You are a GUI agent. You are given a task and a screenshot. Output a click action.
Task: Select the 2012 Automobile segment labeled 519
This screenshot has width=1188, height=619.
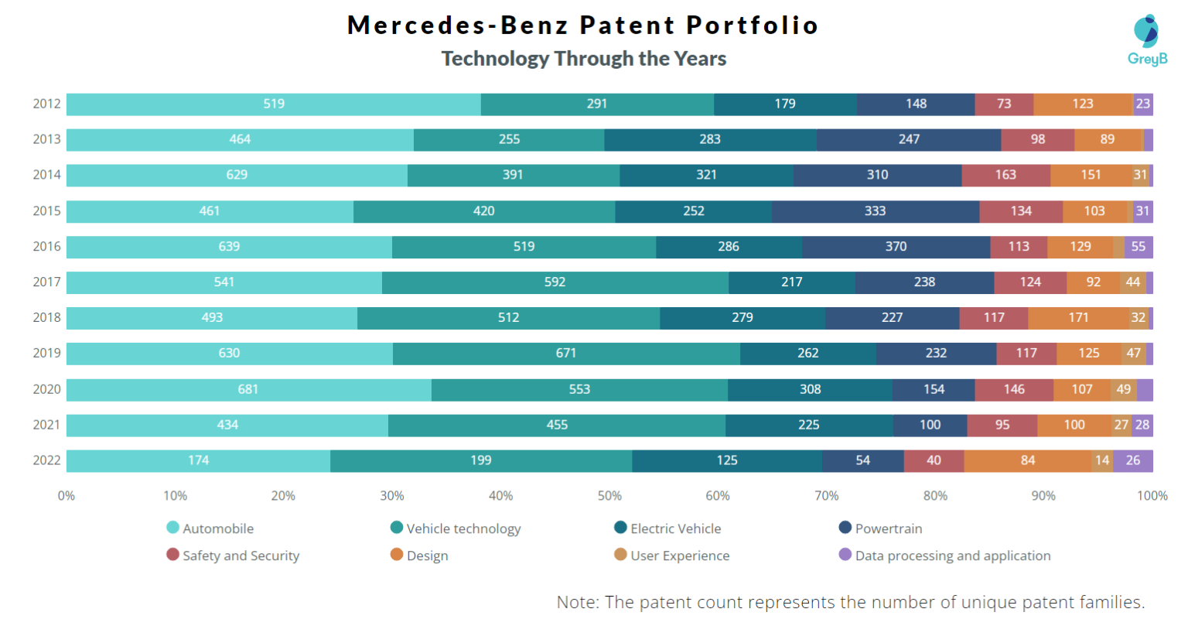[274, 104]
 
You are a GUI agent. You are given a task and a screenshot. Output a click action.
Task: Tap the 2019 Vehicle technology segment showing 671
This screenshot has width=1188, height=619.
[566, 354]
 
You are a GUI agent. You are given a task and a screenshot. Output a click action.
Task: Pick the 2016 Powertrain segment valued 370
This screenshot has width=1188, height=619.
[896, 247]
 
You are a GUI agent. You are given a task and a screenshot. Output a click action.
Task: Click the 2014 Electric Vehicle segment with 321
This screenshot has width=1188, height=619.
[706, 175]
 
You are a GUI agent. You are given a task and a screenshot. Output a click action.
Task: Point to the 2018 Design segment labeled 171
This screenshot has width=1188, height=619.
[1078, 318]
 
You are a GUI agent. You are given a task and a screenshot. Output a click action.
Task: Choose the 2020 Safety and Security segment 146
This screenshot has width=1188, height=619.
[1014, 389]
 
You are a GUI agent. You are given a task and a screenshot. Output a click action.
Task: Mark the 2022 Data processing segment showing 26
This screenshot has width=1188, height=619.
[1133, 460]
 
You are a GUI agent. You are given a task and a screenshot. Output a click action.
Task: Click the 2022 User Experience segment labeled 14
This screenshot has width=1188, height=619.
[1102, 460]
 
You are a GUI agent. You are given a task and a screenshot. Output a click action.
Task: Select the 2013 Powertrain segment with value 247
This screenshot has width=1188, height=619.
[909, 139]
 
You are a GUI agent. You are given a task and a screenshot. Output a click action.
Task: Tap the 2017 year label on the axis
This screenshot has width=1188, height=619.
[46, 282]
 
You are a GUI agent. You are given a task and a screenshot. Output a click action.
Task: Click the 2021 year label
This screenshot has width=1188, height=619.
[46, 424]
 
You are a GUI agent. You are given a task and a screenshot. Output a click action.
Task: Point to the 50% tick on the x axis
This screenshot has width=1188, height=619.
[609, 496]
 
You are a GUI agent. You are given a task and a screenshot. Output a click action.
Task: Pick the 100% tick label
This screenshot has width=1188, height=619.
[1152, 496]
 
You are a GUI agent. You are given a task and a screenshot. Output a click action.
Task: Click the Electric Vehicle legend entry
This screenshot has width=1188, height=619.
[674, 528]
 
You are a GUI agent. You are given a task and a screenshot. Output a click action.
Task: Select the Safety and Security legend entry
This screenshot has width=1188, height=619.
[240, 556]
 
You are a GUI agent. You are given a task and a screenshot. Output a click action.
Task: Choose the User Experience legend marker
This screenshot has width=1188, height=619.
[620, 555]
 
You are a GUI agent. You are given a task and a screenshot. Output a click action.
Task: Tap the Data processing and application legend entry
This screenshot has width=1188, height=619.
[952, 556]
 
